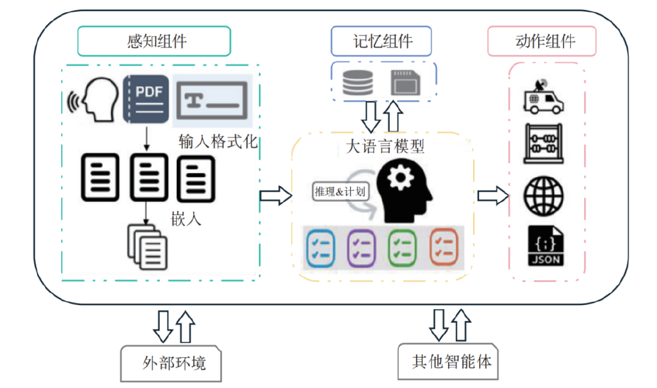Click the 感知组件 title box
pos(154,41)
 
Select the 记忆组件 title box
pos(381,41)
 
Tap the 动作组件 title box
pos(542,41)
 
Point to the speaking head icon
pos(93,99)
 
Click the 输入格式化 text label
pos(217,142)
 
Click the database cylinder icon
pos(357,82)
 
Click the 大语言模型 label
pos(385,146)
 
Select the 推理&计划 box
pos(339,192)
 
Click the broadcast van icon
pos(544,97)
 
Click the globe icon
pos(544,195)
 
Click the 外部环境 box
pos(173,362)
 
